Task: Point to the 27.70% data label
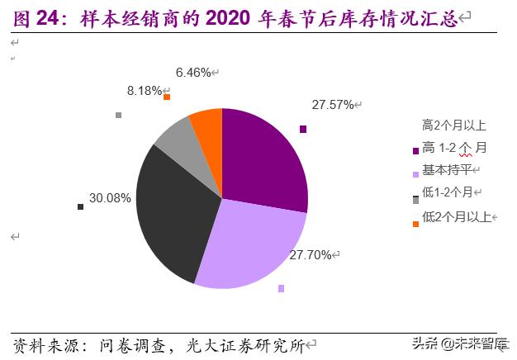[x=311, y=256]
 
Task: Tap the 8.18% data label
[x=144, y=91]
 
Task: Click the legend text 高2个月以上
[x=453, y=126]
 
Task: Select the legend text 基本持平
[x=447, y=170]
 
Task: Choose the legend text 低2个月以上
[x=456, y=217]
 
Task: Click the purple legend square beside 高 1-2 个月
[x=415, y=150]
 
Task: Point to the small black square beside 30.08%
[x=80, y=206]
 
